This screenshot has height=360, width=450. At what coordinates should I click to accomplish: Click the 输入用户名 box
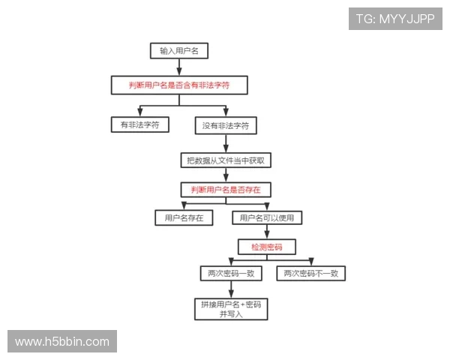[178, 51]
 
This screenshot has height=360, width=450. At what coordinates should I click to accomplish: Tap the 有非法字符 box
[140, 124]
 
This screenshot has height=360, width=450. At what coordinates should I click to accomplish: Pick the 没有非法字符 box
[225, 124]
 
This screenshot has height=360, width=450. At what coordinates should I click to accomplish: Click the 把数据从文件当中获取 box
[225, 160]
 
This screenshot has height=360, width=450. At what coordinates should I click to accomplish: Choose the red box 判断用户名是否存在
[225, 188]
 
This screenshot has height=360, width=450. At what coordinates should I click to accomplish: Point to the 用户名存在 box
[184, 218]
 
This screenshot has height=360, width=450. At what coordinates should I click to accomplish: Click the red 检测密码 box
[266, 246]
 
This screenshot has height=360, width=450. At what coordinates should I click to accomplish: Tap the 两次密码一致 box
[230, 274]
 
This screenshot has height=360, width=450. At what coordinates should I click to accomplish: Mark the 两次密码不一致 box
[310, 274]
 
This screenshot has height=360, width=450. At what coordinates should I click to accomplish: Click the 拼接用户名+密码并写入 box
[230, 309]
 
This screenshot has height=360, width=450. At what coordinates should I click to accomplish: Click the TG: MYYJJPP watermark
[395, 18]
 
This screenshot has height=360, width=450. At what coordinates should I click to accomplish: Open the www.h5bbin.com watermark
[62, 342]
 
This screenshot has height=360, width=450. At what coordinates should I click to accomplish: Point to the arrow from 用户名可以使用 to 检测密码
[266, 232]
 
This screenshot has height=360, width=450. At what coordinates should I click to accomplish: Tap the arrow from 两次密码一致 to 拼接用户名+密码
[230, 290]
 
